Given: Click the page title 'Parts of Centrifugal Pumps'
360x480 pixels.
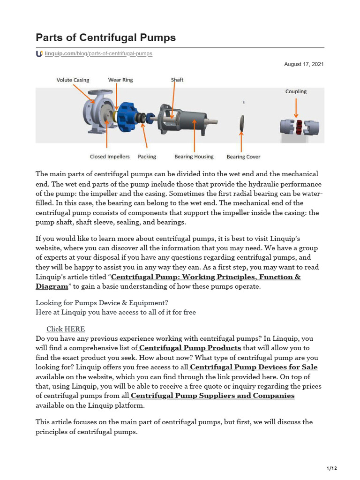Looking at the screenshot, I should pyautogui.click(x=105, y=37).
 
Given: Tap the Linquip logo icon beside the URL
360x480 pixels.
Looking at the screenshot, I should pyautogui.click(x=39, y=54).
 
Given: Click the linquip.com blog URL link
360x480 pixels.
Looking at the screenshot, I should pyautogui.click(x=98, y=54).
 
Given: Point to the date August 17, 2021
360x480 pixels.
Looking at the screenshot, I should pyautogui.click(x=304, y=64).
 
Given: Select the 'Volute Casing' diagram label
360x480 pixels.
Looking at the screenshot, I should pyautogui.click(x=73, y=80).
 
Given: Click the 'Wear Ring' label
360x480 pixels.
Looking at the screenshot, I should pyautogui.click(x=120, y=80).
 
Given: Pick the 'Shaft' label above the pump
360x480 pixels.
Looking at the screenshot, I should pyautogui.click(x=177, y=80).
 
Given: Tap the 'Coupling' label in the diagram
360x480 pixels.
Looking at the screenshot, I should pyautogui.click(x=296, y=91).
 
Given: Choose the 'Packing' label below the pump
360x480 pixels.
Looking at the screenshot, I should pyautogui.click(x=147, y=157).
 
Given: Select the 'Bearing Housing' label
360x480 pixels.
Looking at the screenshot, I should pyautogui.click(x=194, y=157).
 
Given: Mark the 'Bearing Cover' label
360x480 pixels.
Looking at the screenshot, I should pyautogui.click(x=243, y=157).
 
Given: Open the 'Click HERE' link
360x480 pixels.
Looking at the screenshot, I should pyautogui.click(x=66, y=329).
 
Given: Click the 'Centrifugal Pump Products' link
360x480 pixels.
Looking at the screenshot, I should pyautogui.click(x=190, y=348).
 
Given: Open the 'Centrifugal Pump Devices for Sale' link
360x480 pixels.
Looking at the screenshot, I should pyautogui.click(x=254, y=367).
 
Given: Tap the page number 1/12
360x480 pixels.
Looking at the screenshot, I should pyautogui.click(x=331, y=468).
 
